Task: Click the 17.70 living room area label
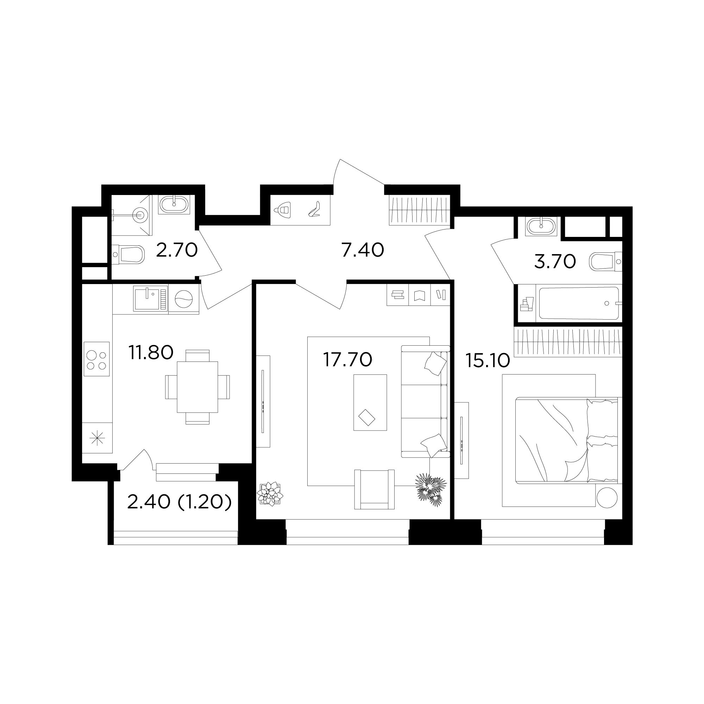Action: pos(347,359)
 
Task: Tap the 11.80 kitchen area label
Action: pos(151,352)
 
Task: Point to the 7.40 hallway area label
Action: pos(363,250)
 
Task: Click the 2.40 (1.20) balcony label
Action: pos(179,503)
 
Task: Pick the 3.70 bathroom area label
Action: pos(555,261)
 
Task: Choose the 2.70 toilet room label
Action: pos(177,250)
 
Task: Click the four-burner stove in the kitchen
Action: pos(96,359)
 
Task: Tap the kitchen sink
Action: pos(151,298)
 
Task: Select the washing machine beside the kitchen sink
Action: pos(184,299)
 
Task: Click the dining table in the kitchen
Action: pos(197,387)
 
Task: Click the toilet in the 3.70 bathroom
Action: pos(605,262)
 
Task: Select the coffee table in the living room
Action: pos(370,402)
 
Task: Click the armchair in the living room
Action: pos(374,489)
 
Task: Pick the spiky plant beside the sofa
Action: pos(431,489)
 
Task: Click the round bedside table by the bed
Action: pos(607,497)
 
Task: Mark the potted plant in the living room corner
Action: pos(270,494)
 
